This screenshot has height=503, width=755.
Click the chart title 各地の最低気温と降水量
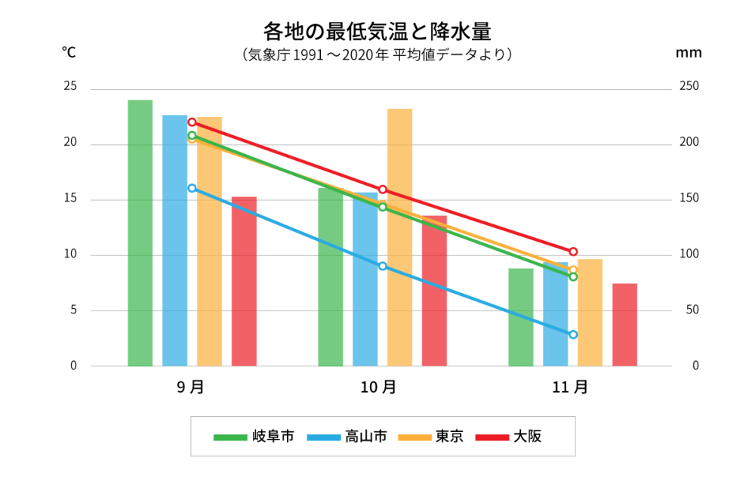click(377, 31)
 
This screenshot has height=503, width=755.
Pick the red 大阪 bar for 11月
click(624, 325)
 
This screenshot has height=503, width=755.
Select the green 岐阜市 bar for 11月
click(520, 317)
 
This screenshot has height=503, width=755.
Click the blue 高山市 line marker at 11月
click(573, 335)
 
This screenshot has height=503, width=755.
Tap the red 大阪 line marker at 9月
click(192, 122)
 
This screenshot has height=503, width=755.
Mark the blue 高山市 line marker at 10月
click(382, 266)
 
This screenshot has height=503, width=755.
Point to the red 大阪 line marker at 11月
click(573, 251)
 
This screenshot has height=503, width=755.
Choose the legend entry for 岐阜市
click(254, 437)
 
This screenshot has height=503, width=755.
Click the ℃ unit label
click(69, 52)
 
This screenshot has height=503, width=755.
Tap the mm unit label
click(688, 53)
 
